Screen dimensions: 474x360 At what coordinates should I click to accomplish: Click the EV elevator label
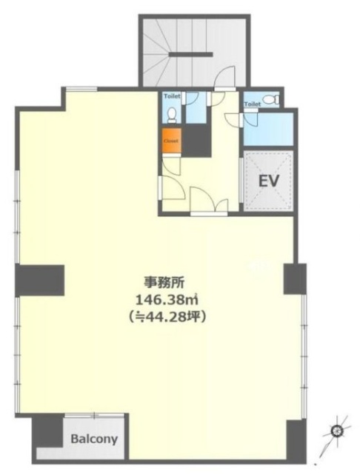pyautogui.click(x=268, y=181)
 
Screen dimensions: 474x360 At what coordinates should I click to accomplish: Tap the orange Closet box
pyautogui.click(x=170, y=140)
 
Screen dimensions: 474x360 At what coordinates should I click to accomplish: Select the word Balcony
pyautogui.click(x=94, y=439)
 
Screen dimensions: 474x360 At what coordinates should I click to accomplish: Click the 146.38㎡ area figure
pyautogui.click(x=158, y=299)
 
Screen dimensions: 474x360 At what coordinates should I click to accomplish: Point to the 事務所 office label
pyautogui.click(x=159, y=282)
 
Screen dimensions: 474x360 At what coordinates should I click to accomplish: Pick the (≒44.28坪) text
pyautogui.click(x=159, y=317)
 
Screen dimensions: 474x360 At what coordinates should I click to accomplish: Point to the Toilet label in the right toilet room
pyautogui.click(x=253, y=104)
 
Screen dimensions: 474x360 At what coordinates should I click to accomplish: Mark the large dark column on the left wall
pyautogui.click(x=41, y=279)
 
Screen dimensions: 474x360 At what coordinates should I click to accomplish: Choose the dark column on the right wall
pyautogui.click(x=294, y=278)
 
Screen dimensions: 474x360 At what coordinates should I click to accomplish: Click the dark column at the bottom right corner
pyautogui.click(x=296, y=437)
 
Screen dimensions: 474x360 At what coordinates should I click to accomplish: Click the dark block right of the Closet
pyautogui.click(x=196, y=140)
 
